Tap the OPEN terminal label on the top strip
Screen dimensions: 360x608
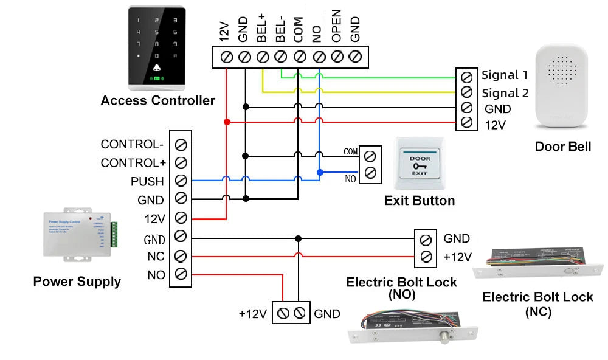tap(336, 26)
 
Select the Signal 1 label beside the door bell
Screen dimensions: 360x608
tap(505, 75)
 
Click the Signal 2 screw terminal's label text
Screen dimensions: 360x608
tap(505, 93)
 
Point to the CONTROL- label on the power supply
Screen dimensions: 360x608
tap(132, 145)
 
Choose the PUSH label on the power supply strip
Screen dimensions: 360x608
tap(147, 181)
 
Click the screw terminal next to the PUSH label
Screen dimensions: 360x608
tap(180, 181)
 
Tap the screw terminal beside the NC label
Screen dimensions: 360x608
tap(180, 255)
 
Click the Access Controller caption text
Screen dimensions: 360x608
tap(157, 100)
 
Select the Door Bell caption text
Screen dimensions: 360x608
tap(562, 147)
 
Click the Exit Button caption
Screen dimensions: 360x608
tap(420, 201)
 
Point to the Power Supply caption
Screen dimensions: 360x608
tap(77, 282)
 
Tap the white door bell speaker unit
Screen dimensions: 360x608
tap(562, 89)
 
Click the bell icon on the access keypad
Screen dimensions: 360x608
tap(157, 67)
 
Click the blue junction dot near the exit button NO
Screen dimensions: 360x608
tap(319, 173)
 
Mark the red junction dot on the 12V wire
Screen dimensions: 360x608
tap(227, 122)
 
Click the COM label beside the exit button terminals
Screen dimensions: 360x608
tap(350, 151)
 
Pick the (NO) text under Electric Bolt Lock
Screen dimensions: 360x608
tap(401, 295)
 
